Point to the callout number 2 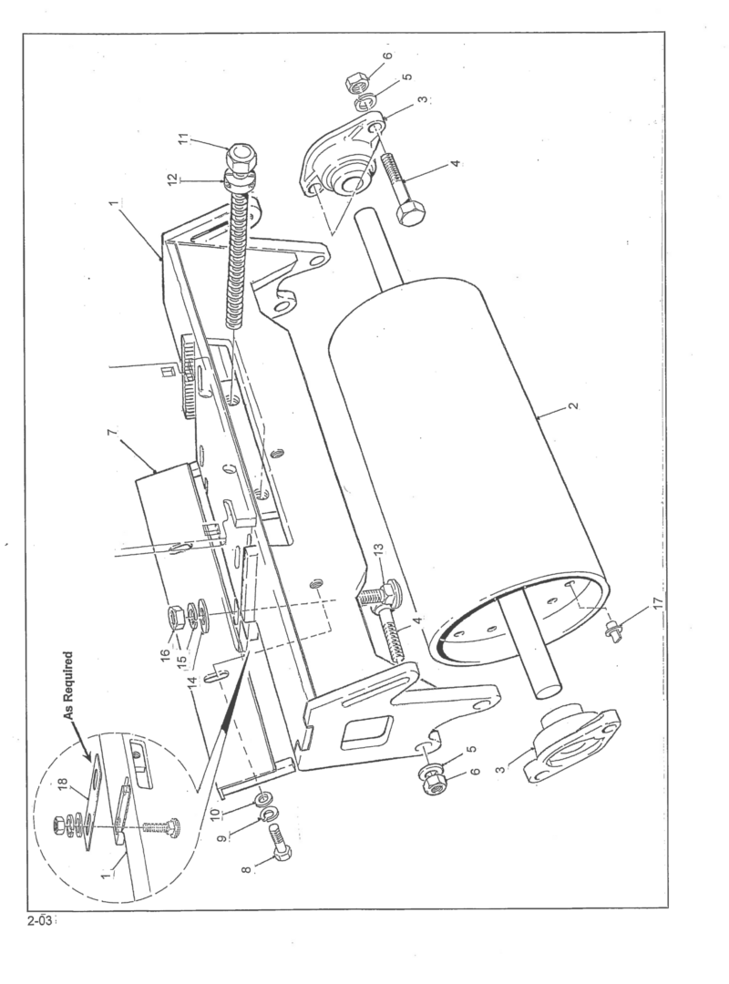[572, 405]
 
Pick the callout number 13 [378, 551]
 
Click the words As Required [69, 686]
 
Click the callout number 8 [246, 868]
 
